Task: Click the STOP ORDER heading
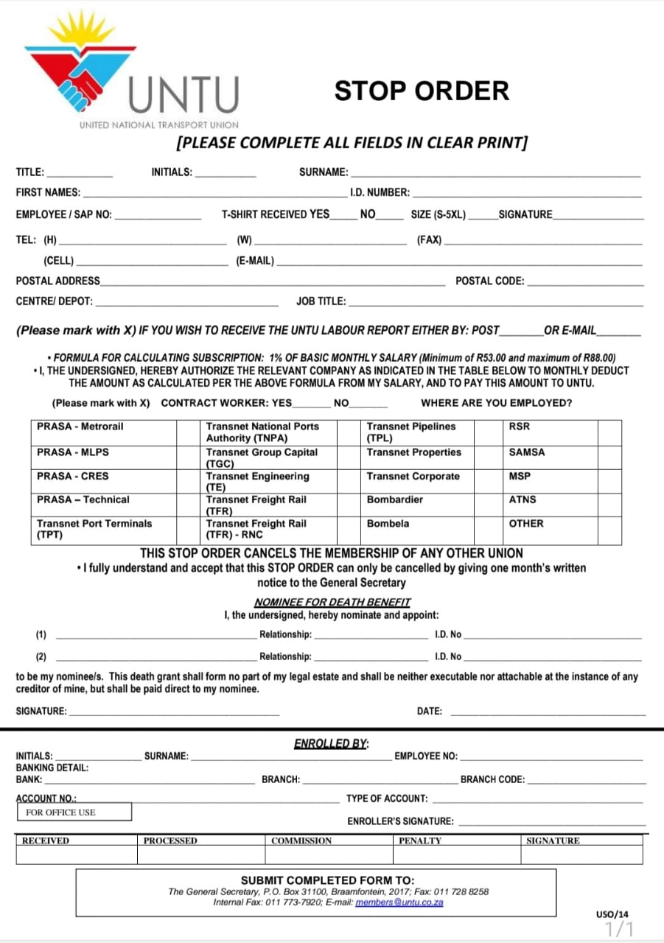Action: (x=422, y=91)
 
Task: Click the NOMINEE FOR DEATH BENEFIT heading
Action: (x=332, y=602)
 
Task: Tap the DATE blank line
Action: (x=547, y=712)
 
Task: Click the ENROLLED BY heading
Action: (x=332, y=744)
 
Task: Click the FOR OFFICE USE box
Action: (x=74, y=812)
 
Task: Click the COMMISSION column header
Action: (x=301, y=841)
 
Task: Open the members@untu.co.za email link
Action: (x=399, y=902)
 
